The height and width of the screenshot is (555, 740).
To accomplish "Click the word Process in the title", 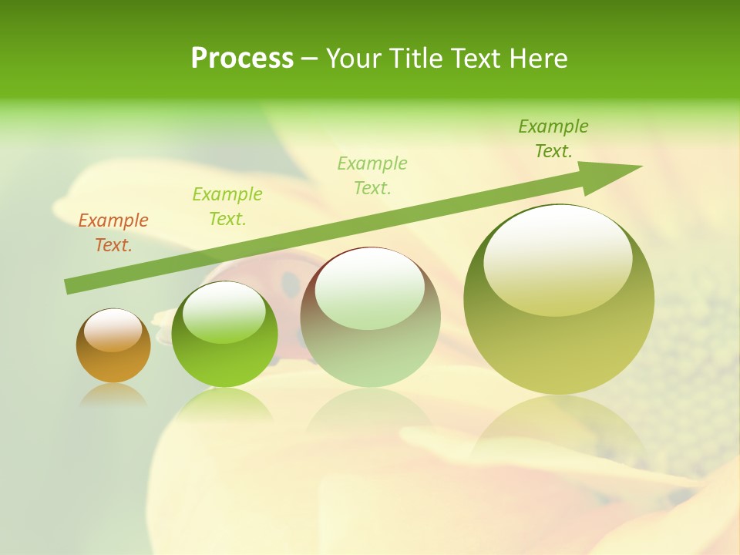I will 242,59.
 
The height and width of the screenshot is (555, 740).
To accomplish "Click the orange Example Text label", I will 113,233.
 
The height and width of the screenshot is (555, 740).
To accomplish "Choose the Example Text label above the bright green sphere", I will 227,207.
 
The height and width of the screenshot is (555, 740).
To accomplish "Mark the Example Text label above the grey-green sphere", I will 372,175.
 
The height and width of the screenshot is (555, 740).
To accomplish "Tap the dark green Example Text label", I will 553,139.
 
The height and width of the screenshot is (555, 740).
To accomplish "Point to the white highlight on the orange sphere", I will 113,329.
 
